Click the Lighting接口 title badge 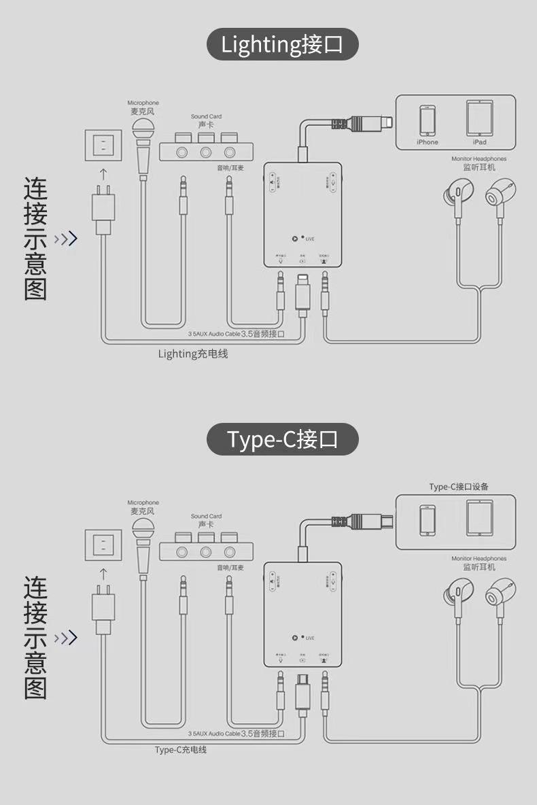point(282,44)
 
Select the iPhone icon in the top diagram point(428,120)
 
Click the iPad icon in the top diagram point(479,118)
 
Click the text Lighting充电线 point(193,354)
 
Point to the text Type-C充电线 point(180,750)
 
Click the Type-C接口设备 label point(459,487)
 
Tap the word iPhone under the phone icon point(428,142)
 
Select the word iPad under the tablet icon point(479,142)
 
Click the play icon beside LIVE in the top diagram point(294,238)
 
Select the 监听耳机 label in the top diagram point(479,167)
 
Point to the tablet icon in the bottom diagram point(479,518)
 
